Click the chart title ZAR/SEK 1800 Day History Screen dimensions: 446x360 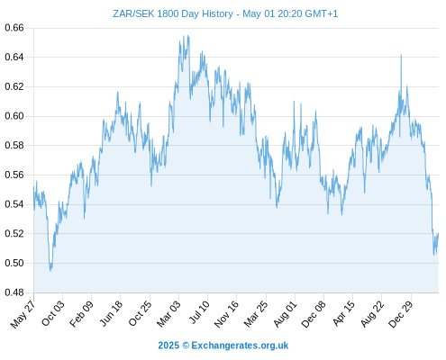[x=173, y=14]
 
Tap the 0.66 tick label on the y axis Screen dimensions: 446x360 [x=14, y=28]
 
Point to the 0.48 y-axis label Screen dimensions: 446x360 [x=14, y=292]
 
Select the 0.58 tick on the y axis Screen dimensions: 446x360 [x=14, y=146]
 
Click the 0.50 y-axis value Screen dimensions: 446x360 [x=14, y=263]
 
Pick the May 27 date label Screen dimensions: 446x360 [x=23, y=314]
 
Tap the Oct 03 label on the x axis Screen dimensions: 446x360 [x=53, y=313]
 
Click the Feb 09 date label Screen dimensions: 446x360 [x=81, y=314]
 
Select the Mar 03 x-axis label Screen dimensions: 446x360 [x=168, y=314]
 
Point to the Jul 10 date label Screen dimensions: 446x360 [x=198, y=312]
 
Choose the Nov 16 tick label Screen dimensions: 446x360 [x=226, y=314]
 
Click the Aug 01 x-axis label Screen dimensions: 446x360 [x=286, y=314]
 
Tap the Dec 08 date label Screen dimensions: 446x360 [x=314, y=314]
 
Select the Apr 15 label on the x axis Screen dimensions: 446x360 [x=343, y=313]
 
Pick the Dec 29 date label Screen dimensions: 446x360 [x=401, y=314]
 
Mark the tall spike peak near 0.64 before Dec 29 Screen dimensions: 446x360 [x=401, y=55]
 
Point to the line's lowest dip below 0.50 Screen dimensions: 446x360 [x=50, y=271]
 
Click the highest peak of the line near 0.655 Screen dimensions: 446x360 [x=188, y=36]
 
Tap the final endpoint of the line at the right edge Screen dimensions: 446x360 [x=438, y=233]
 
